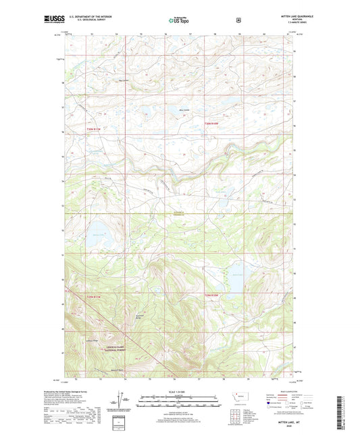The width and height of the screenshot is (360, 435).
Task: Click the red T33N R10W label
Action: click(x=213, y=123)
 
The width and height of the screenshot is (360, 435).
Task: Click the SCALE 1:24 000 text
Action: click(x=180, y=392)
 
